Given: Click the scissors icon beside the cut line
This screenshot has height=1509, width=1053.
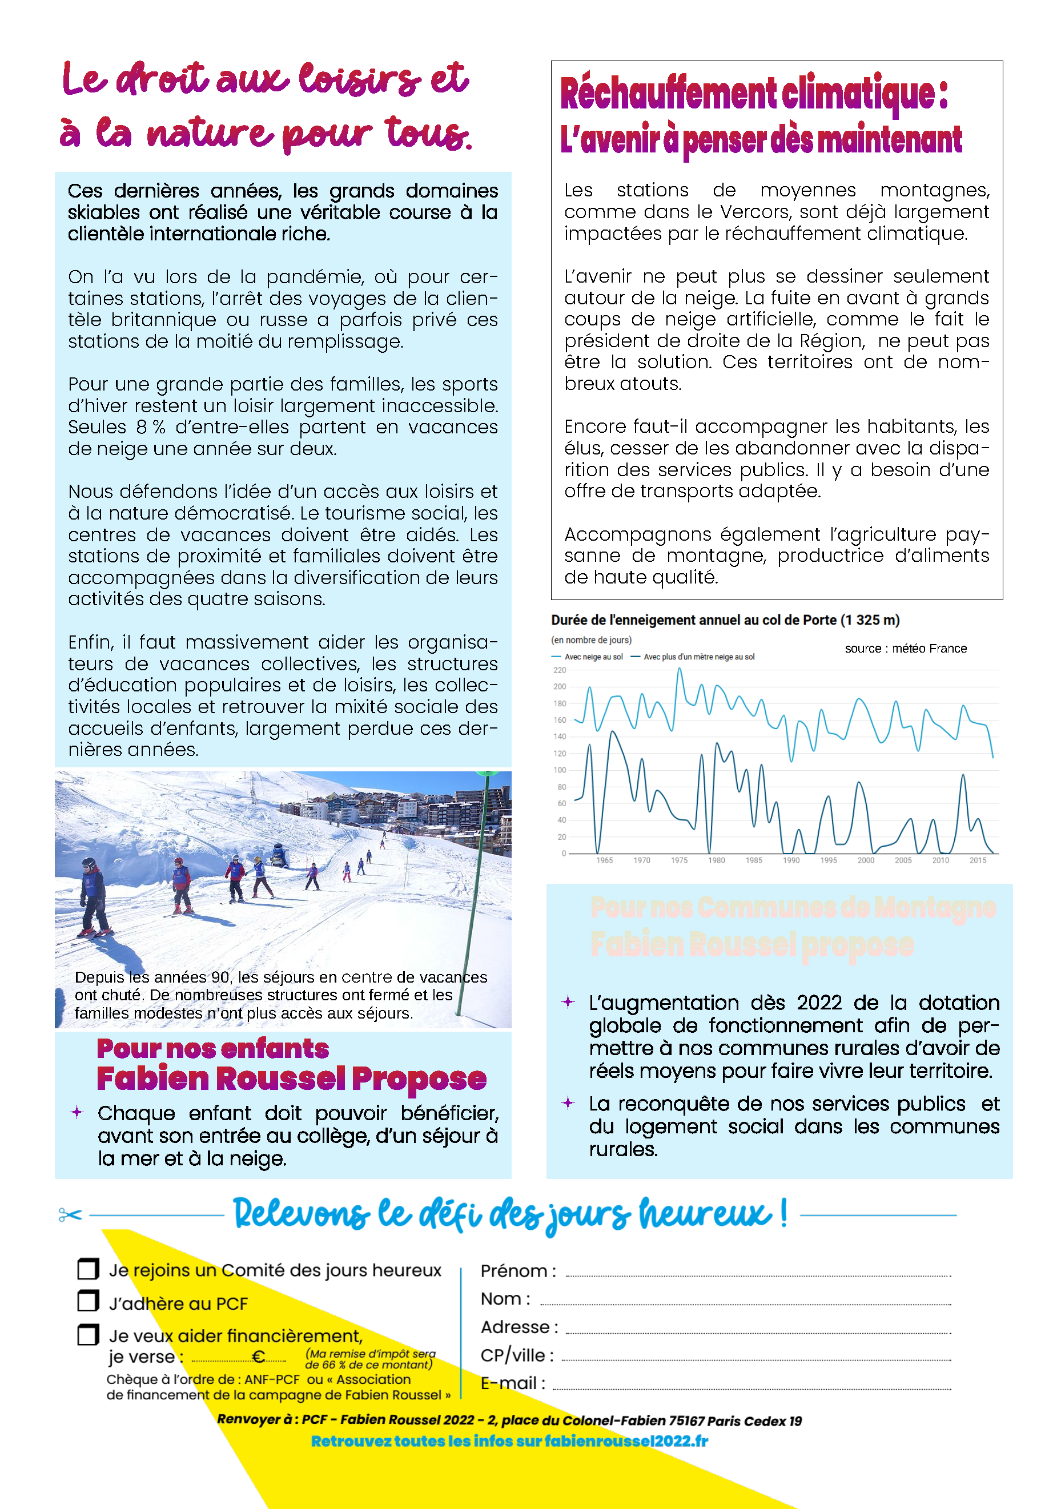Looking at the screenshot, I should tap(70, 1214).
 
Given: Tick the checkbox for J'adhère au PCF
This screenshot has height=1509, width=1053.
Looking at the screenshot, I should tap(88, 1301).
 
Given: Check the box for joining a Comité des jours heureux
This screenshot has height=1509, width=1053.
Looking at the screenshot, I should tap(88, 1269).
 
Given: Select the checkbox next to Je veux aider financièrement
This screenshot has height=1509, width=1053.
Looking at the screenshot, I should tap(88, 1334).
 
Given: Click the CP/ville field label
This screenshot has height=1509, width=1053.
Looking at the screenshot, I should tap(517, 1355).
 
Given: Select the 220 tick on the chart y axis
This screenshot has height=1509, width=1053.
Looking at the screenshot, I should tap(560, 670).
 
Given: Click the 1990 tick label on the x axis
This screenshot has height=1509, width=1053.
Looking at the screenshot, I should tap(791, 860).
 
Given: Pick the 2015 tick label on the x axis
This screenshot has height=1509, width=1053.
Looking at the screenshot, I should tap(978, 860).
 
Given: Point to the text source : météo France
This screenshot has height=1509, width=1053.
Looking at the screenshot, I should tap(905, 649).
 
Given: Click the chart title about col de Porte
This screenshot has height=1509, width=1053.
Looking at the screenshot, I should tap(725, 620).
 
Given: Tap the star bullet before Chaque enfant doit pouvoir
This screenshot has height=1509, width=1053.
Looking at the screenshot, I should tap(77, 1112).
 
